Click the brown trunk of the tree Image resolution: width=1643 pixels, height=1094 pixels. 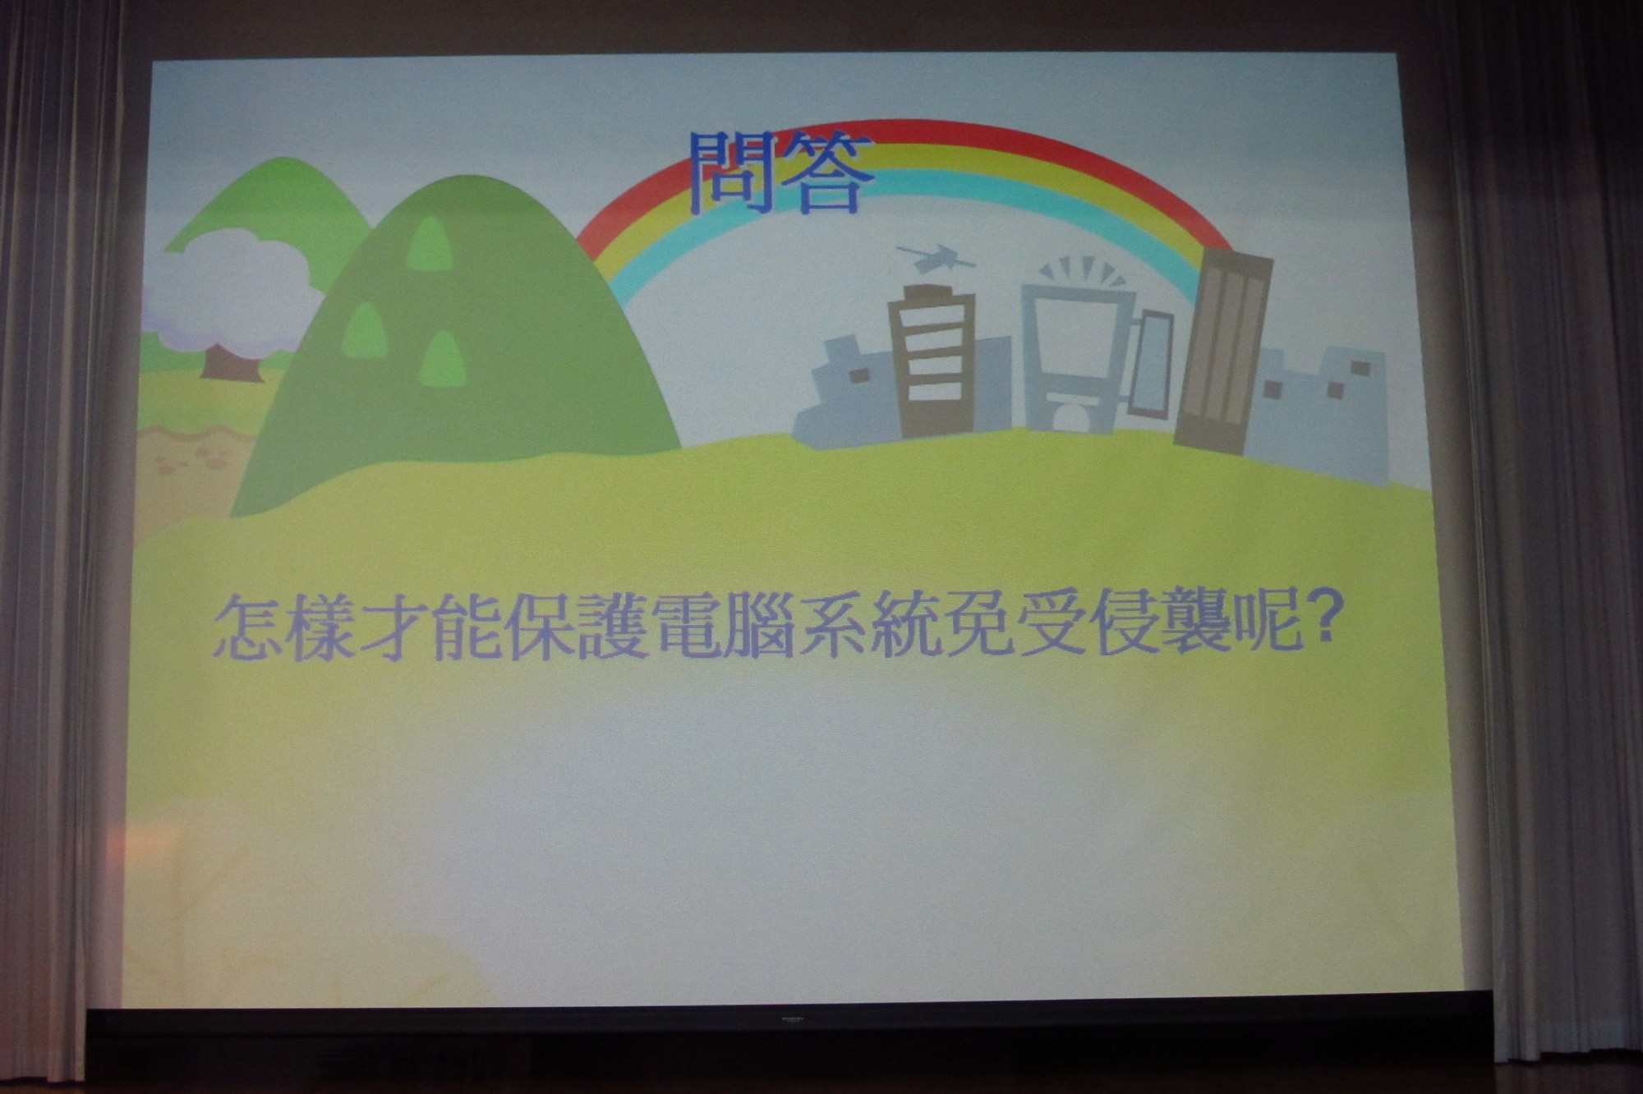(232, 362)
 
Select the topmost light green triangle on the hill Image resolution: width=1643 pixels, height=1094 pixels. (429, 244)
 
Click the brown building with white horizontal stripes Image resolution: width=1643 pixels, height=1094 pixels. (932, 361)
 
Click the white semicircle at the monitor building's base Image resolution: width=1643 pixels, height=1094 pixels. (1070, 416)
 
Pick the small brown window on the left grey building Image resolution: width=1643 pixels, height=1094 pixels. (859, 375)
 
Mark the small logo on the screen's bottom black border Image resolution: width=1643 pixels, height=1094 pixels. (792, 1019)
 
